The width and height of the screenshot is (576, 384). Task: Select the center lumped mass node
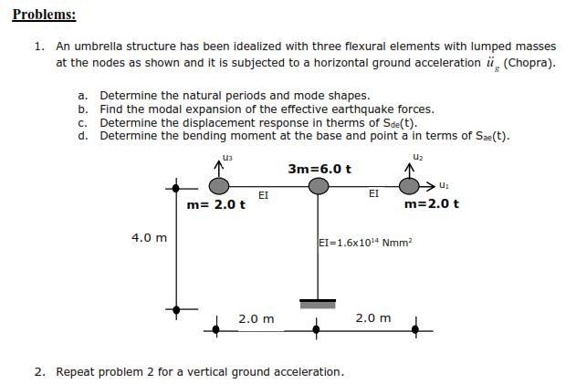click(317, 187)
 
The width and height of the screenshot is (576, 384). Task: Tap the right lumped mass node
click(407, 187)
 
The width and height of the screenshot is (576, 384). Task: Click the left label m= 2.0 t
click(216, 204)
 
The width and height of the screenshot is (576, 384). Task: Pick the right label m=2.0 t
click(431, 203)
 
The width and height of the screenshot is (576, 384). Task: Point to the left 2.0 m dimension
click(256, 318)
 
